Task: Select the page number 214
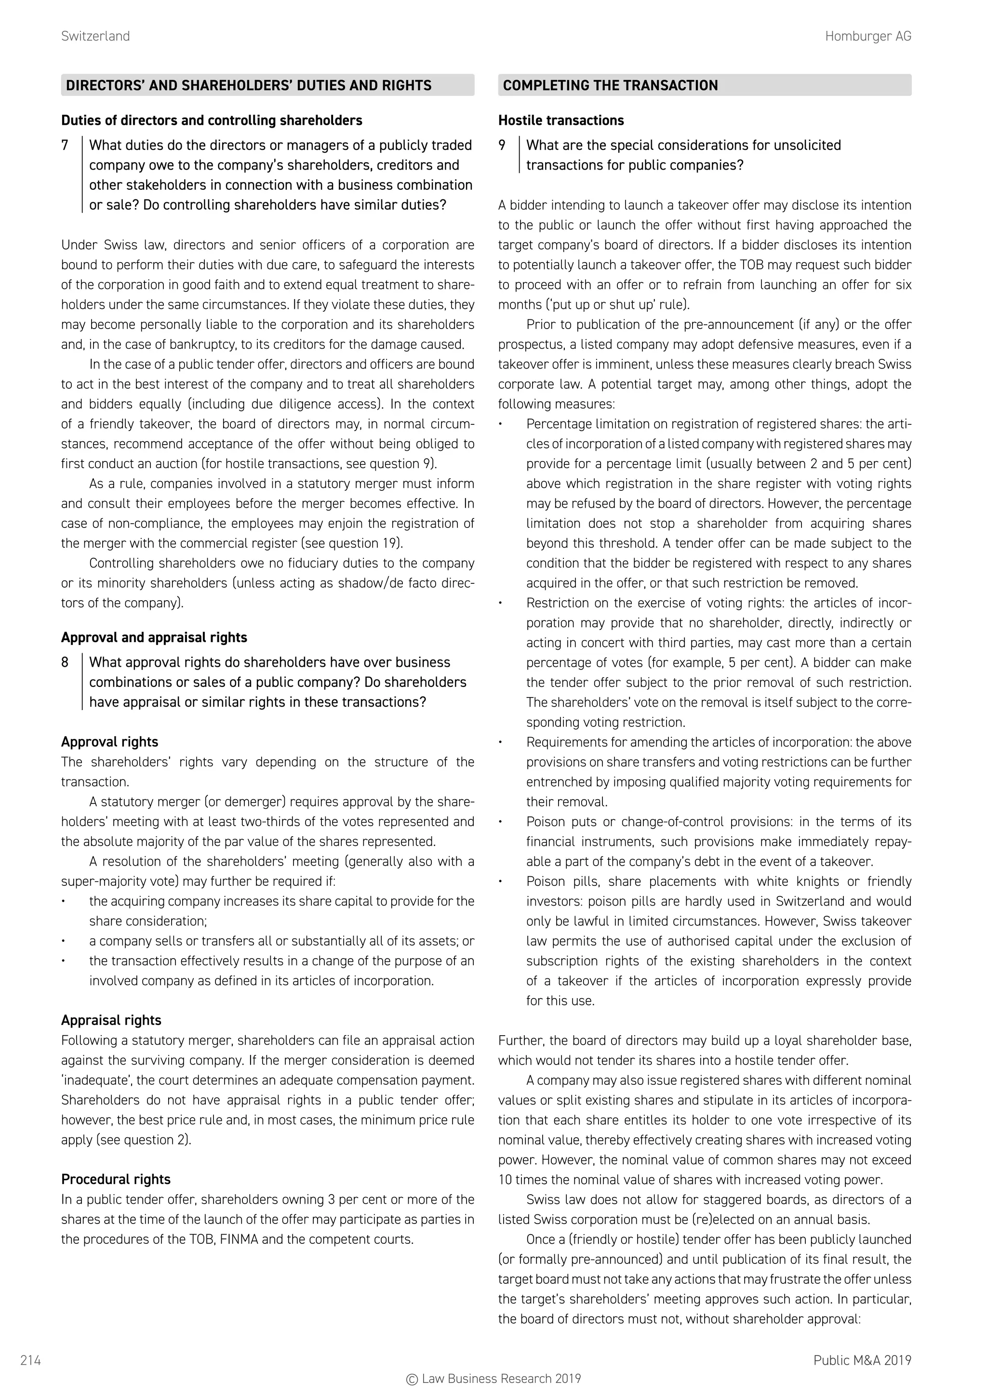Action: tap(30, 1360)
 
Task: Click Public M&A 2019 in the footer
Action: tap(862, 1360)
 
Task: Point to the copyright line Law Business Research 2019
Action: tap(493, 1379)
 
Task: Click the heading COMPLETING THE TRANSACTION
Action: tap(610, 85)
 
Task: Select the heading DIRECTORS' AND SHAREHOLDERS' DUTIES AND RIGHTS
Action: tap(249, 85)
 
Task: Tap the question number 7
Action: tap(65, 145)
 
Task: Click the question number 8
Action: tap(65, 662)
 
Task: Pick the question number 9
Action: tap(502, 145)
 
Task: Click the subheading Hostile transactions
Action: tap(561, 120)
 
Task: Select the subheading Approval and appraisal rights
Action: tap(154, 637)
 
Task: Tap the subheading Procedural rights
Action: tap(116, 1179)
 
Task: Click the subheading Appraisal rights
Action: tap(111, 1020)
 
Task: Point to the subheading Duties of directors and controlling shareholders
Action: tap(212, 120)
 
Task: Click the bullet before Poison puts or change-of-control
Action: tap(500, 822)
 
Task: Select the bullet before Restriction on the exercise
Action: tap(500, 603)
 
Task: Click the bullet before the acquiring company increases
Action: tap(63, 902)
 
